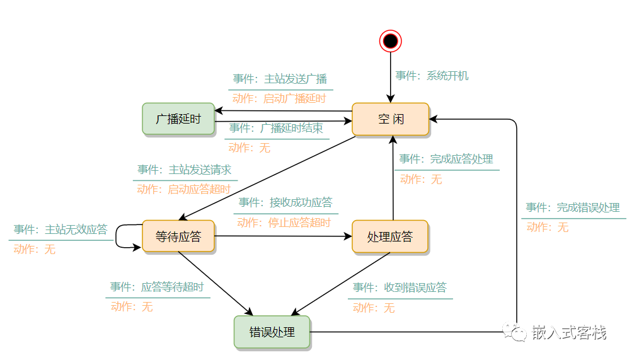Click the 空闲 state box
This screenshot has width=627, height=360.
390,119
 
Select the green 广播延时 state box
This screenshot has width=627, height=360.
178,119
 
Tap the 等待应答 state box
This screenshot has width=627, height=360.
178,236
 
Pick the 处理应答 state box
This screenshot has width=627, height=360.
390,236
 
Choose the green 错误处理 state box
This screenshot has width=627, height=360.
272,332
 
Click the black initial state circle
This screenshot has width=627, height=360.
391,42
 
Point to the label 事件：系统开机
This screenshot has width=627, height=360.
432,76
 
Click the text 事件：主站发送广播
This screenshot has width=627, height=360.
280,79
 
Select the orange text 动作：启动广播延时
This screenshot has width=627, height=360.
279,98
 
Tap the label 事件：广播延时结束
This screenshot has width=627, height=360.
276,128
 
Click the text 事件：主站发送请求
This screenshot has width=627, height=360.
185,170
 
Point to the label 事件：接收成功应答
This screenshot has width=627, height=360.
285,202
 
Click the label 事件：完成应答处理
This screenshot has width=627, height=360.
446,159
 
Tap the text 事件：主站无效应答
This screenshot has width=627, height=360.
60,229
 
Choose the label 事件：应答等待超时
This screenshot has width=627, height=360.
157,287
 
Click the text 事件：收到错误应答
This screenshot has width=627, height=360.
400,287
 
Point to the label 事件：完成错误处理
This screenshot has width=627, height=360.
573,207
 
